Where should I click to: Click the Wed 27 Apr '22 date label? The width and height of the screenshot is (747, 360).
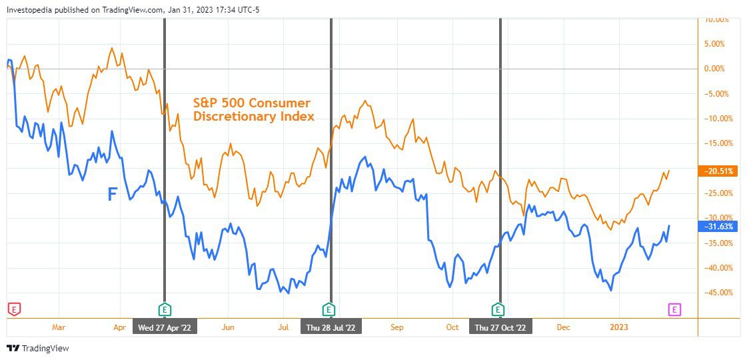165,327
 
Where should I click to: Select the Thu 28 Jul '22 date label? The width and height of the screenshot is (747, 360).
331,327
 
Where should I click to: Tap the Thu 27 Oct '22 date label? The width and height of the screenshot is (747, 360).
500,327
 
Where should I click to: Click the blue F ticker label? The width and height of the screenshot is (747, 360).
113,194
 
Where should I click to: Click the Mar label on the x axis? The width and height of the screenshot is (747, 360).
59,327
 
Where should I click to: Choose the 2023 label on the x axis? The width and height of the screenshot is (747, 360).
619,327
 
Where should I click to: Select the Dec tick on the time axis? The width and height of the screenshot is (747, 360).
564,327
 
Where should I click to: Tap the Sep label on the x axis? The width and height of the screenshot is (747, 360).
397,327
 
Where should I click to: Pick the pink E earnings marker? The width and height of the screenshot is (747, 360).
675,309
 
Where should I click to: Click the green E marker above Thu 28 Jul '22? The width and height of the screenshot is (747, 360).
328,309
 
